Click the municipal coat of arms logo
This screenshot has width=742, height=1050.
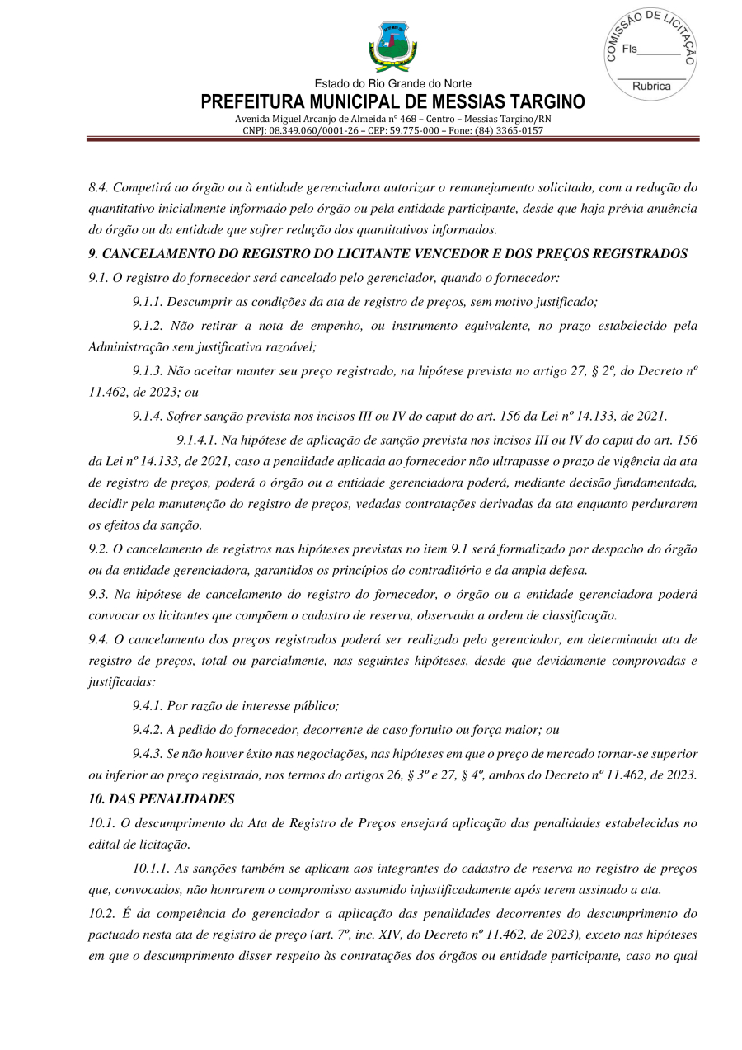pyautogui.click(x=392, y=48)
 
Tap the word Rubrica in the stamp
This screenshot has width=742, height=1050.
pyautogui.click(x=650, y=87)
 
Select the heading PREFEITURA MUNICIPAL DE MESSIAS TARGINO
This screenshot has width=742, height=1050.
pyautogui.click(x=392, y=102)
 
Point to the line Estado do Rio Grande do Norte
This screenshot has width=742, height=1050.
pyautogui.click(x=392, y=84)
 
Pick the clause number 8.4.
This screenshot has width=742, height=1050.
pyautogui.click(x=98, y=188)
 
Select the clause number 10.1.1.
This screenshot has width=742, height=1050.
pyautogui.click(x=151, y=869)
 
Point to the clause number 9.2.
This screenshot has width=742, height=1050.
pyautogui.click(x=98, y=549)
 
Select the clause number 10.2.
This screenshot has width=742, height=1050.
pyautogui.click(x=101, y=914)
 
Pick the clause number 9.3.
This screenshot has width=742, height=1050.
pyautogui.click(x=98, y=594)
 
